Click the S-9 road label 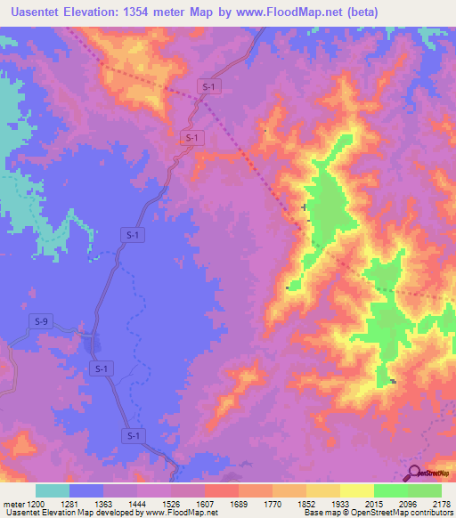click(41, 320)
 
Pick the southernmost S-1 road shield click(133, 435)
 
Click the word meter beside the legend click(15, 504)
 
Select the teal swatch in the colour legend click(53, 490)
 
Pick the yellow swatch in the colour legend click(356, 490)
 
